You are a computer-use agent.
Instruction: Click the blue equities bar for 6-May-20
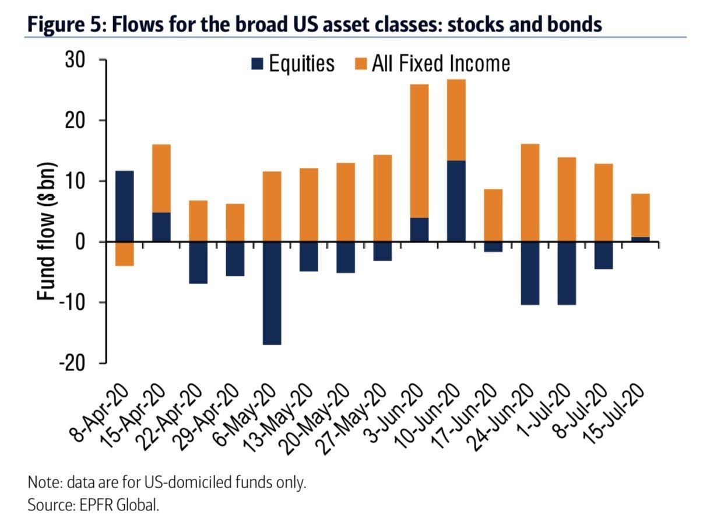[x=272, y=293]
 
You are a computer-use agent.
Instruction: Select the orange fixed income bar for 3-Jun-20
[x=419, y=151]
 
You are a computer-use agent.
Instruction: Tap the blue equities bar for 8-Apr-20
[x=125, y=206]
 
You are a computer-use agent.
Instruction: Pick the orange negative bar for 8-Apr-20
[x=125, y=254]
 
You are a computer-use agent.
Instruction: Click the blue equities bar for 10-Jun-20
[x=456, y=201]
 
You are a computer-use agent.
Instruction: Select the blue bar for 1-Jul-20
[x=567, y=273]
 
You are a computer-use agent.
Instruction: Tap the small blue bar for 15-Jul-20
[x=640, y=239]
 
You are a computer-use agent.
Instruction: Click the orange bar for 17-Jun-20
[x=493, y=215]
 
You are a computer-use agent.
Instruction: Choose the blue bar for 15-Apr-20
[x=161, y=227]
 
